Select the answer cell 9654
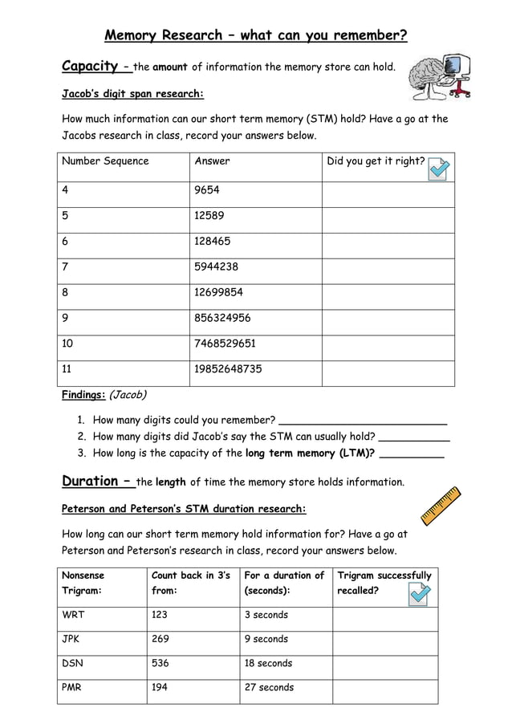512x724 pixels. pos(207,190)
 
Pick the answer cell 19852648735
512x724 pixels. pos(228,369)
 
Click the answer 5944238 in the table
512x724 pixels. pos(216,266)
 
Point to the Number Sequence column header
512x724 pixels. pos(105,161)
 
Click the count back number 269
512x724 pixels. pos(161,639)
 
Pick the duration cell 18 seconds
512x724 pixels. pos(268,663)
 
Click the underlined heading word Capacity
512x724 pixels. pos(91,66)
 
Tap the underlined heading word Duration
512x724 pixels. pos(91,481)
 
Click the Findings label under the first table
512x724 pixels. pos(83,394)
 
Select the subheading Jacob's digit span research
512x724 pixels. pos(133,94)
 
